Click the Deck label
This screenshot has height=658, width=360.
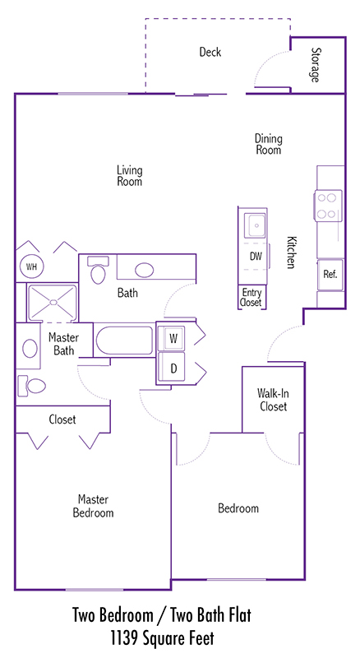click(x=210, y=52)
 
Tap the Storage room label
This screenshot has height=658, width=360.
click(x=315, y=65)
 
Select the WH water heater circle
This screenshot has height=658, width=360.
click(x=31, y=266)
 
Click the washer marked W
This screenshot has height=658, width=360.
click(x=173, y=337)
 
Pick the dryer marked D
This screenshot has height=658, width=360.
click(x=173, y=368)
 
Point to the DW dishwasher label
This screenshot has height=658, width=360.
click(x=256, y=256)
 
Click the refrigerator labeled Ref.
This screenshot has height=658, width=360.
click(x=330, y=275)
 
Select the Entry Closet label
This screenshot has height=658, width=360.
click(x=252, y=297)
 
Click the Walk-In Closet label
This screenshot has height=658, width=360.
click(x=273, y=400)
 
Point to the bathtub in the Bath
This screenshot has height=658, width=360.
click(x=124, y=340)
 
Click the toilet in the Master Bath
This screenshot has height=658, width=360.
click(x=32, y=386)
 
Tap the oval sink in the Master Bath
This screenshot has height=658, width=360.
click(x=30, y=349)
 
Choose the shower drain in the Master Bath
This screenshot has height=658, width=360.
click(x=53, y=302)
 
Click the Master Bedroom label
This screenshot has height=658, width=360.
click(x=93, y=506)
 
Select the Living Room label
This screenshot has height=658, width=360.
click(x=130, y=176)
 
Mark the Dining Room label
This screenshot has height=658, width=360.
click(x=269, y=144)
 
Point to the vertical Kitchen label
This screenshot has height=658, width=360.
click(x=291, y=253)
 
